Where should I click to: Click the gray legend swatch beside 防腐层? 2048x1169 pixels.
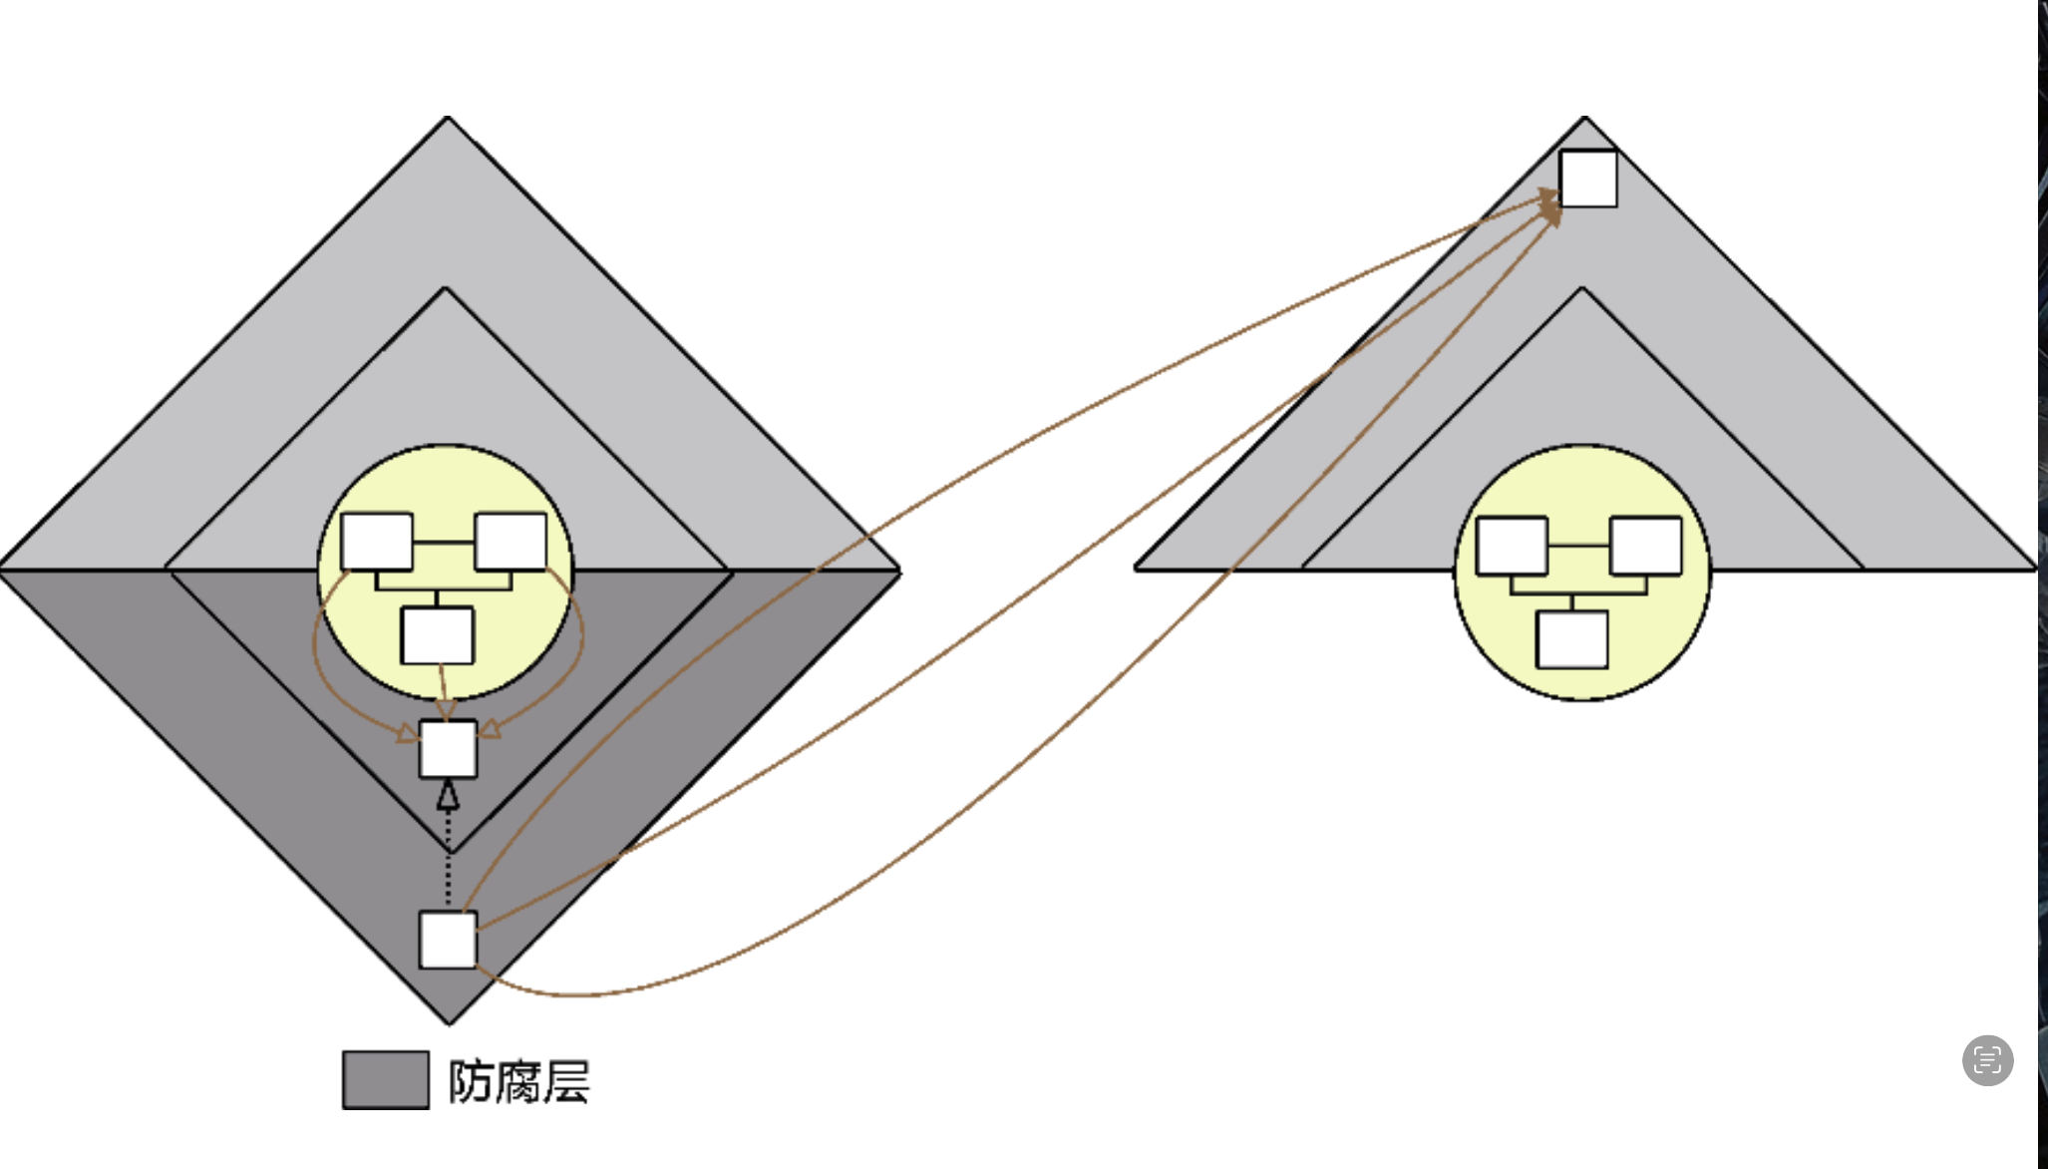pyautogui.click(x=385, y=1079)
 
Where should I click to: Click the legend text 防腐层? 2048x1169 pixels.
pyautogui.click(x=518, y=1081)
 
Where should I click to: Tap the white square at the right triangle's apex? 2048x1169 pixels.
pyautogui.click(x=1587, y=179)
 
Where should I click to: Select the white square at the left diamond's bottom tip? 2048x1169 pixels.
pyautogui.click(x=448, y=939)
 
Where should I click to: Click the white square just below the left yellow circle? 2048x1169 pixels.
pyautogui.click(x=448, y=748)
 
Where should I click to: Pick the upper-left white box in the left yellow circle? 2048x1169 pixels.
pyautogui.click(x=377, y=542)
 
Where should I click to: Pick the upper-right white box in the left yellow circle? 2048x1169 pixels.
pyautogui.click(x=511, y=542)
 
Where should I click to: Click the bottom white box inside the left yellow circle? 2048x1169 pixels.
pyautogui.click(x=437, y=634)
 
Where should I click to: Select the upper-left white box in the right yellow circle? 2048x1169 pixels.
pyautogui.click(x=1512, y=546)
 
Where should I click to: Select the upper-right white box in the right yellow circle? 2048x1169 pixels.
pyautogui.click(x=1645, y=546)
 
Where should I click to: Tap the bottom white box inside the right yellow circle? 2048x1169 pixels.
pyautogui.click(x=1571, y=638)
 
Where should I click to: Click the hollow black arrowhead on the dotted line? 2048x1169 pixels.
pyautogui.click(x=448, y=795)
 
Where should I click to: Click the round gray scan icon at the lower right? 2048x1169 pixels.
pyautogui.click(x=1987, y=1059)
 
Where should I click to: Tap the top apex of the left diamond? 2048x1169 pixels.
pyautogui.click(x=448, y=119)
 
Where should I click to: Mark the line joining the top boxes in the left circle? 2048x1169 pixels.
pyautogui.click(x=444, y=542)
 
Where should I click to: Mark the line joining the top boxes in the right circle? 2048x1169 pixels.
pyautogui.click(x=1578, y=546)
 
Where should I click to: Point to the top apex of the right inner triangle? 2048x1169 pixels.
pyautogui.click(x=1581, y=289)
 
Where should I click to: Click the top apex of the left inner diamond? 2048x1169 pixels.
pyautogui.click(x=446, y=289)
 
